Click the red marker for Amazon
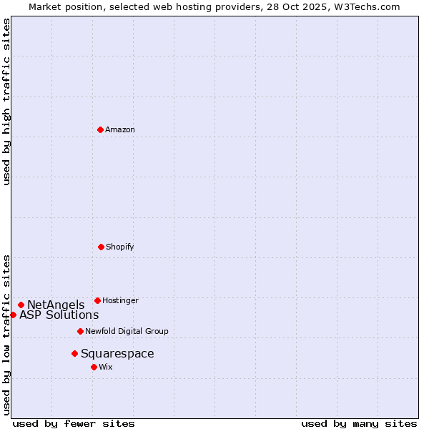100,129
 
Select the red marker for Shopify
101,247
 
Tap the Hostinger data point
97,300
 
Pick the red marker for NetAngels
21,305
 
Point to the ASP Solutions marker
13,315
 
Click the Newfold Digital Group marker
80,331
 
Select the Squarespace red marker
74,353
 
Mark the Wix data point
94,367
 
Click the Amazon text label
120,129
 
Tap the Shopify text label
120,247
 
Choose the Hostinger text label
120,300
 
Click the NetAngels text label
56,305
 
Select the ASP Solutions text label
59,315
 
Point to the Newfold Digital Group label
127,331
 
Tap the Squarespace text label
117,354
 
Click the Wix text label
106,367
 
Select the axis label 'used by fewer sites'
74,423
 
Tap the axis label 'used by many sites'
359,423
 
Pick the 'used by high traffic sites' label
7,102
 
